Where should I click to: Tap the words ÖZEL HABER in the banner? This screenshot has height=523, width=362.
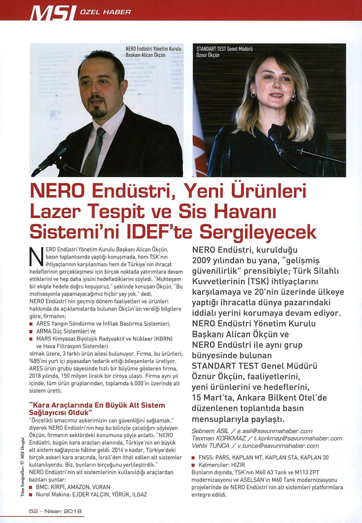coord(106,12)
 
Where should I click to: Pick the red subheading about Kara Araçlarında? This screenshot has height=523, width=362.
coord(97,409)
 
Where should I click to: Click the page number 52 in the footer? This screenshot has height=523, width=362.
coord(33,511)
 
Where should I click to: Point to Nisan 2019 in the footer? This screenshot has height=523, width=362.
coord(63,511)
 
